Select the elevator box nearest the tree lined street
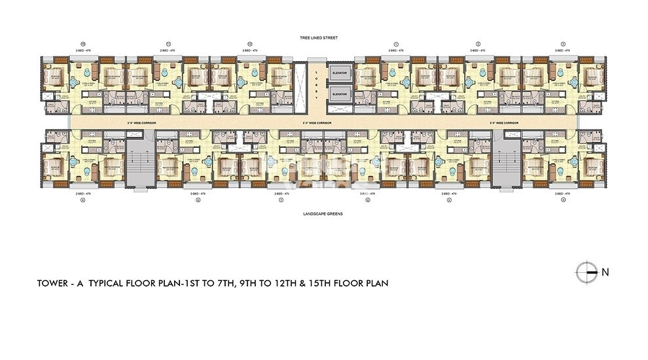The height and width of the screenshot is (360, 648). (x=339, y=72)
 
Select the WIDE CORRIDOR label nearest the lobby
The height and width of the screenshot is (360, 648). (x=317, y=122)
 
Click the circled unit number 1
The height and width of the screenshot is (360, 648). (x=396, y=44)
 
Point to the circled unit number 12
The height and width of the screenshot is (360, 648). (x=81, y=44)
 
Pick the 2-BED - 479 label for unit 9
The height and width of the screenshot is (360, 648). (x=81, y=194)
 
